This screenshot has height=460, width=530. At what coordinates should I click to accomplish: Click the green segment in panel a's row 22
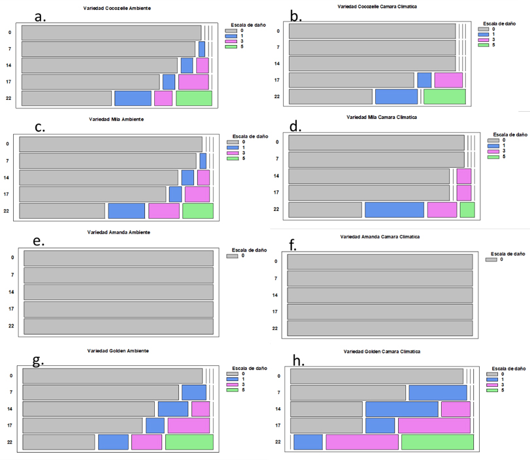(193, 98)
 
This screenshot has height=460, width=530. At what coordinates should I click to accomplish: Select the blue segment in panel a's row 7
(201, 49)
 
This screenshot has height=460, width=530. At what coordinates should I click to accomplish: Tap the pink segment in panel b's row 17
(448, 80)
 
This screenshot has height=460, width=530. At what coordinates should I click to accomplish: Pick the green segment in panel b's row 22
(444, 97)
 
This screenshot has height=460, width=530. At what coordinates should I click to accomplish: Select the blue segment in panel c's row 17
(175, 194)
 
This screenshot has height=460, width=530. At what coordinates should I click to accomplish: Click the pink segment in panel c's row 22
(163, 210)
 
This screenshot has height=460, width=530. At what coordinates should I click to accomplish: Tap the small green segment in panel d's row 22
(467, 209)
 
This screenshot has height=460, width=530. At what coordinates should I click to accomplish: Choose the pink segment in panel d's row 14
(464, 176)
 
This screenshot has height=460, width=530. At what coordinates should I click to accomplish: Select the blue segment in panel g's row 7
(193, 392)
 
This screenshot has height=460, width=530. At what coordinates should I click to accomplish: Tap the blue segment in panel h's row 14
(401, 409)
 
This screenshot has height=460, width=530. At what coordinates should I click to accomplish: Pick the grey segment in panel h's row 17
(326, 425)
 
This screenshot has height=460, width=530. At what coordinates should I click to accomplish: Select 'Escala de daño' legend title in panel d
(509, 135)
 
